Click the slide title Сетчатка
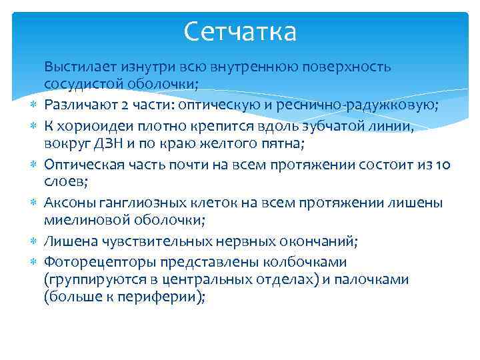(240, 31)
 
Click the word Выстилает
(74, 67)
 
